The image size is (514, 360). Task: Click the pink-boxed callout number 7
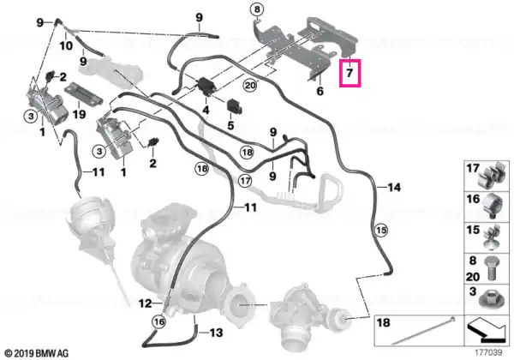[x=350, y=73]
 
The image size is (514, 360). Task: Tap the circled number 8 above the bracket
[x=257, y=9]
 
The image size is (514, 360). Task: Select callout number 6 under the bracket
[x=320, y=91]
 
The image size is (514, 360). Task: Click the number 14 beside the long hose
[x=394, y=187]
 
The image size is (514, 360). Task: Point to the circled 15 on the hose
[x=382, y=231]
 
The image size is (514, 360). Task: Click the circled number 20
[x=250, y=86]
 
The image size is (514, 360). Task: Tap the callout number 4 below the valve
[x=206, y=111]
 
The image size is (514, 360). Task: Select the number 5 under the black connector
[x=230, y=125]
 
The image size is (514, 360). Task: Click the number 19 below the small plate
[x=79, y=114]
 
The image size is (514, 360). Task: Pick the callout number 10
[x=66, y=45]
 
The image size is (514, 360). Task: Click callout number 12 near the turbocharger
[x=146, y=303]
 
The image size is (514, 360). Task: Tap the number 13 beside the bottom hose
[x=216, y=333]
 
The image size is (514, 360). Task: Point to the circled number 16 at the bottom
[x=159, y=322]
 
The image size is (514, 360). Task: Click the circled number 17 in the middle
[x=245, y=181]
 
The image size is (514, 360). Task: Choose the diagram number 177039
[x=489, y=353]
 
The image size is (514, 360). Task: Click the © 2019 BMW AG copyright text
[x=37, y=353]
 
